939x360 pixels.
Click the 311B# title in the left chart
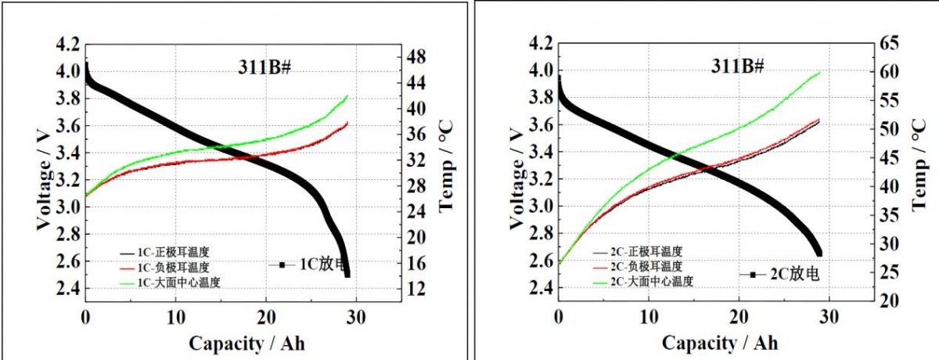coord(264,67)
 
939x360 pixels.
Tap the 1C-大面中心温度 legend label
coord(178,282)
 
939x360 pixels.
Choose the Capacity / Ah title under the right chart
coord(720,342)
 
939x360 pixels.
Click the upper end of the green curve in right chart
coord(820,73)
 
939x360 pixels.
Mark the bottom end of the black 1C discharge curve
coord(347,272)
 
